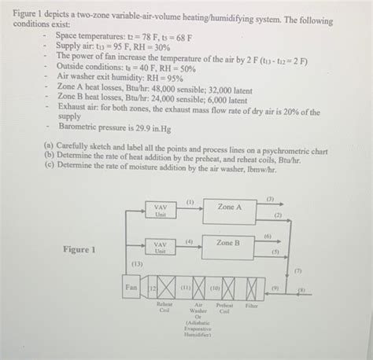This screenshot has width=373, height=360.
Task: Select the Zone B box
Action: [229, 245]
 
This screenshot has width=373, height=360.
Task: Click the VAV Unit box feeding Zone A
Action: [160, 211]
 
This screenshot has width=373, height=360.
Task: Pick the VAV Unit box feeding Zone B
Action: [160, 247]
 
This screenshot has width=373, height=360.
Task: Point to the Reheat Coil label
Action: [164, 308]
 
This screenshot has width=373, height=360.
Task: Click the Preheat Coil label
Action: [224, 308]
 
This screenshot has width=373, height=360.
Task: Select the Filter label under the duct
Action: [252, 305]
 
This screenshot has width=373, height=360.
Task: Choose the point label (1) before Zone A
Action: [190, 203]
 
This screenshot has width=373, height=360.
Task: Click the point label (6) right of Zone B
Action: [268, 236]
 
